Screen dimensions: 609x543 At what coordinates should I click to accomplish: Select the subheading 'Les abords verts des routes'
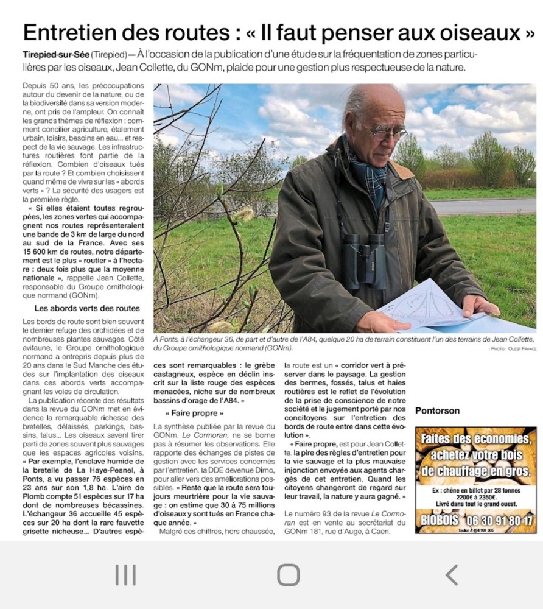coord(87,308)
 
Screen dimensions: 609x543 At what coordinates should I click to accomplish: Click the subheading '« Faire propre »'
coord(194,414)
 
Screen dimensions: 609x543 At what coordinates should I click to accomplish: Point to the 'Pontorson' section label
coord(437,410)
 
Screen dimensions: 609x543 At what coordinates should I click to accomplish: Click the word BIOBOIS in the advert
coord(440,521)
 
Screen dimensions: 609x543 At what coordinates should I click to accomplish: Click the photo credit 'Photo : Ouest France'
coord(512,348)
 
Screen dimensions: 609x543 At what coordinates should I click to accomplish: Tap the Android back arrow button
coord(451,574)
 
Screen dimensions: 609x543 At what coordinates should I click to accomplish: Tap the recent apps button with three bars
coord(125,574)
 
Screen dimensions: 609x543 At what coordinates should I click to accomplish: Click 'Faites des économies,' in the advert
coord(476,438)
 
